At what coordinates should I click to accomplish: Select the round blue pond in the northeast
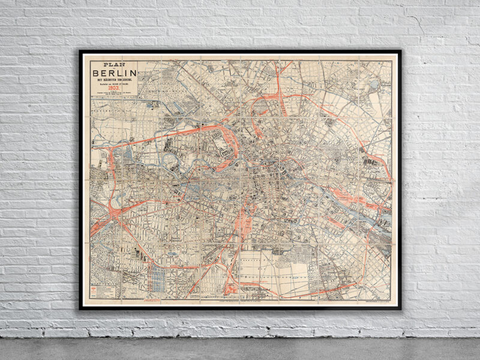point(375,85)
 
